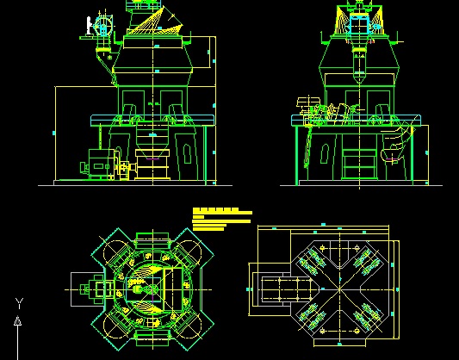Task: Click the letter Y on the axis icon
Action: pos(18,303)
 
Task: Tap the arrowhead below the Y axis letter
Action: pos(18,321)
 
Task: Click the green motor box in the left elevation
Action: pos(101,164)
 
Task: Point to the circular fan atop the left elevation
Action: pos(102,25)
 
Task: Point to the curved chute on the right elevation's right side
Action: pos(397,146)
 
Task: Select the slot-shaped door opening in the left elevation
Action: pos(188,153)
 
